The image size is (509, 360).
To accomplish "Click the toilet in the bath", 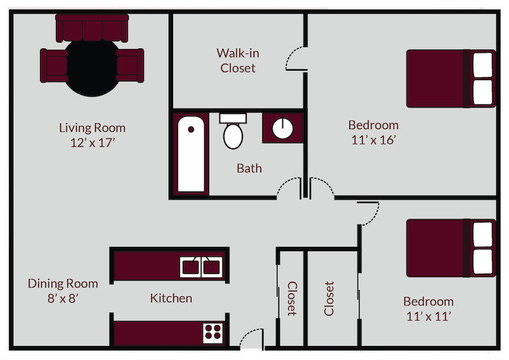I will tap(233, 131).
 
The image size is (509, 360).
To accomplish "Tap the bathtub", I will tap(192, 154).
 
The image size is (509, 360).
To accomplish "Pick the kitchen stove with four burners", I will tap(213, 331).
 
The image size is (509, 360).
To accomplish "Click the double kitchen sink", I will tap(202, 267).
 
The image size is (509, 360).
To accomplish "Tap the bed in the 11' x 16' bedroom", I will tap(450, 78).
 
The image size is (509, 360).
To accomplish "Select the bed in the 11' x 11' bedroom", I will tap(450, 248).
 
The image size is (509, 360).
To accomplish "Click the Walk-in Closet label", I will tap(237, 60).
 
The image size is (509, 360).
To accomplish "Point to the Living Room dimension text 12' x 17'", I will tap(92, 142).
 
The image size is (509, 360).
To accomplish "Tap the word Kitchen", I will tap(171, 298).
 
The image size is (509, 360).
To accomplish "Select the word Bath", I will tap(249, 169).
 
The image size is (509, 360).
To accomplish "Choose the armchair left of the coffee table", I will tap(55, 64).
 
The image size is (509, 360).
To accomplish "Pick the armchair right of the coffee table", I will tap(130, 64).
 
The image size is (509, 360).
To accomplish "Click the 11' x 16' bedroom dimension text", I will tap(373, 140).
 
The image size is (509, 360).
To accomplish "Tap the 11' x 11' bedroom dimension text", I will tap(428, 315).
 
